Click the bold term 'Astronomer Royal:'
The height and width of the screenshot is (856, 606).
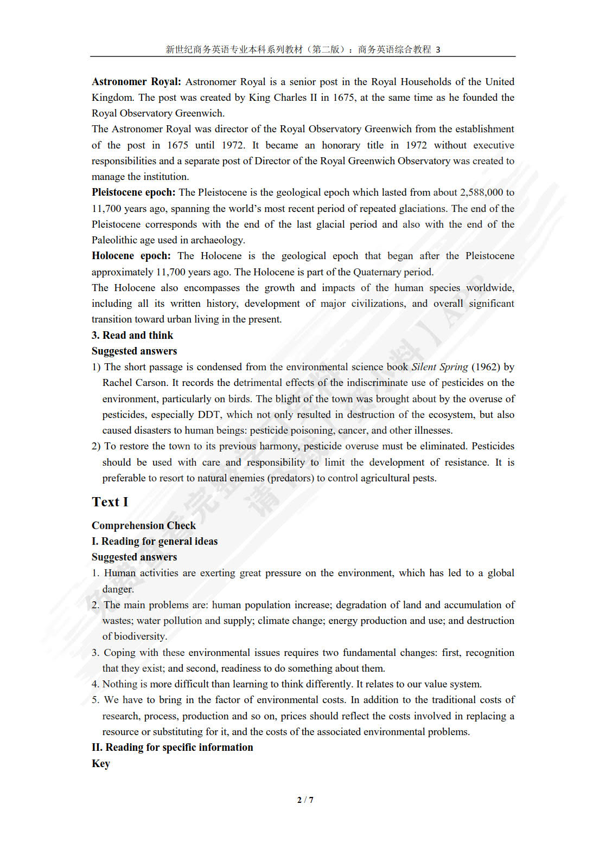click(x=136, y=82)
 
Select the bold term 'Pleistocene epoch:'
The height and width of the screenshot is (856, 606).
click(x=133, y=192)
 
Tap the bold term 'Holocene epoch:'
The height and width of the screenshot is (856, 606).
click(x=131, y=256)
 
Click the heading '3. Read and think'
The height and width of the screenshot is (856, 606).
click(x=132, y=336)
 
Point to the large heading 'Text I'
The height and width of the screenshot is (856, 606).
click(x=110, y=502)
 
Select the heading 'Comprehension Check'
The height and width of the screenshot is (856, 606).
click(x=144, y=525)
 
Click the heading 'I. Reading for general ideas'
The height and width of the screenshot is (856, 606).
click(x=155, y=541)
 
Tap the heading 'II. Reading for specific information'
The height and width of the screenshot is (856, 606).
click(x=172, y=747)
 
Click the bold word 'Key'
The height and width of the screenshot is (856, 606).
click(x=101, y=763)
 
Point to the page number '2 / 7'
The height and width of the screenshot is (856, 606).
click(x=305, y=800)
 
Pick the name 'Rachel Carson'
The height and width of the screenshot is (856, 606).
click(x=135, y=383)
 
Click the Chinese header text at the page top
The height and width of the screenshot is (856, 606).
click(x=303, y=49)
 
